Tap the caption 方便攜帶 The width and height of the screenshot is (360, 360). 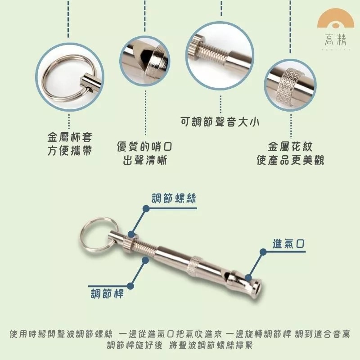(x=70, y=151)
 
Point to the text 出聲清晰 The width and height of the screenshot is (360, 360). (x=145, y=160)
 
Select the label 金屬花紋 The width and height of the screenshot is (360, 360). (x=290, y=147)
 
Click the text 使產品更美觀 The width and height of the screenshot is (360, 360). (x=290, y=160)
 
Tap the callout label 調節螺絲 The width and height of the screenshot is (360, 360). (x=173, y=198)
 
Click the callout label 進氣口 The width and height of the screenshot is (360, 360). (x=289, y=243)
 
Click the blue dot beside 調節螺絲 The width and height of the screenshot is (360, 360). (x=146, y=208)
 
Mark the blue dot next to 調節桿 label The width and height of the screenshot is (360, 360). (x=131, y=285)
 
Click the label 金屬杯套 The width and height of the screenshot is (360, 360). (x=70, y=137)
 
